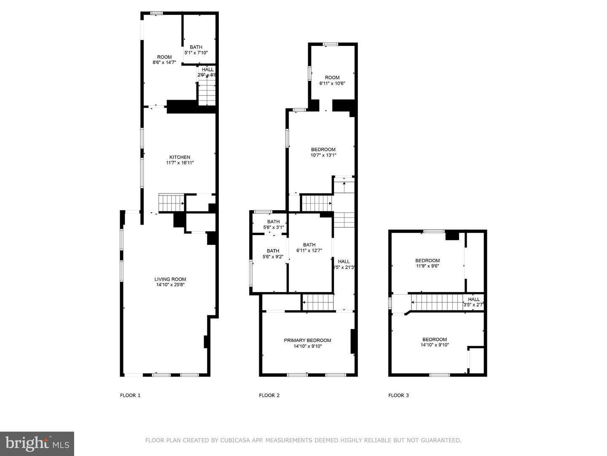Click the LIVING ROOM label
170,279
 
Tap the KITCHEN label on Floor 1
180,157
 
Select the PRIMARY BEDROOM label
307,340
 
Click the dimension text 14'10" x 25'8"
170,285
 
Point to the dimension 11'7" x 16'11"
180,163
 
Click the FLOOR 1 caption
130,396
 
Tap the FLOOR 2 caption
269,396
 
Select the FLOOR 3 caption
398,396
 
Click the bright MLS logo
37,443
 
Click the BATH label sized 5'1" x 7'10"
196,47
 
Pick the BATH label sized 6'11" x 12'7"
309,244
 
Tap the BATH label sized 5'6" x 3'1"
273,222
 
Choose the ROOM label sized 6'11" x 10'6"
332,78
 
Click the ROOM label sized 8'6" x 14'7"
164,57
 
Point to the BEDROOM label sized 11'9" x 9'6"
427,261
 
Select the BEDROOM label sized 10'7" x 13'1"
323,149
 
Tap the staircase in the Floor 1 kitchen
171,203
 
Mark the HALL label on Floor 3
474,299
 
